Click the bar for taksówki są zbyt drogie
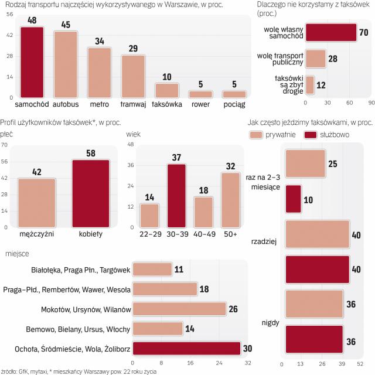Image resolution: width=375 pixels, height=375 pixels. point(310,84)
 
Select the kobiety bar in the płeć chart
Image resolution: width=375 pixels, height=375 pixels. point(90,193)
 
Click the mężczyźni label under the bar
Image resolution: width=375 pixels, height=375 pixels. point(36,233)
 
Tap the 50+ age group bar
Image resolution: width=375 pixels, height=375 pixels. point(230,199)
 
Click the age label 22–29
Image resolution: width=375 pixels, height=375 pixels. point(149,233)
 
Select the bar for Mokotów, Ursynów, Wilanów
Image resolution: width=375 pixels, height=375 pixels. point(179,308)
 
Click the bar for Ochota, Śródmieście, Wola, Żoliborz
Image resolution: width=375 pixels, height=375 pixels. point(186,348)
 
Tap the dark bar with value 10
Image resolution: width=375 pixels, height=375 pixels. point(293,199)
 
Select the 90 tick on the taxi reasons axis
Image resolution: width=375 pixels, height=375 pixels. point(371,103)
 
